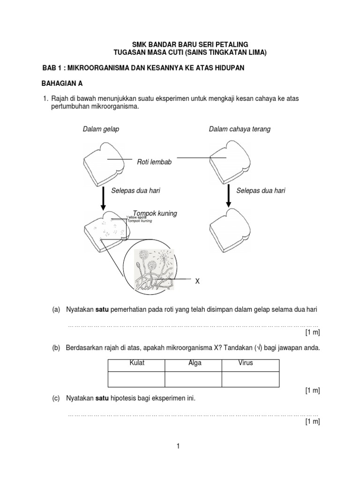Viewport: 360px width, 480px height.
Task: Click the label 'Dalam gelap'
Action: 101,129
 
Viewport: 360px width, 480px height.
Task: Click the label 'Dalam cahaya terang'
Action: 240,129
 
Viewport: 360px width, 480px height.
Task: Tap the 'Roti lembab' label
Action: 154,162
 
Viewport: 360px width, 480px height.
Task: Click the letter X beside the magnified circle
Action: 197,281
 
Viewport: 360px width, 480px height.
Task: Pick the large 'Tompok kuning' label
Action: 155,213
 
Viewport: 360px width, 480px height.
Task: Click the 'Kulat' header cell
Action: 136,364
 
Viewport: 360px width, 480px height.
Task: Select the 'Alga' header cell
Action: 194,364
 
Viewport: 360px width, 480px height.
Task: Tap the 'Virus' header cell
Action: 245,364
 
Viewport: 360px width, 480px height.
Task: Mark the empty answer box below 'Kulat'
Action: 136,379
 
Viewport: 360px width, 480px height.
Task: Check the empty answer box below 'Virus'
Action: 250,379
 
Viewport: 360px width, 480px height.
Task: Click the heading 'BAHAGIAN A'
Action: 63,84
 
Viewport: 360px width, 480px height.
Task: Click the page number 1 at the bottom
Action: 179,446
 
